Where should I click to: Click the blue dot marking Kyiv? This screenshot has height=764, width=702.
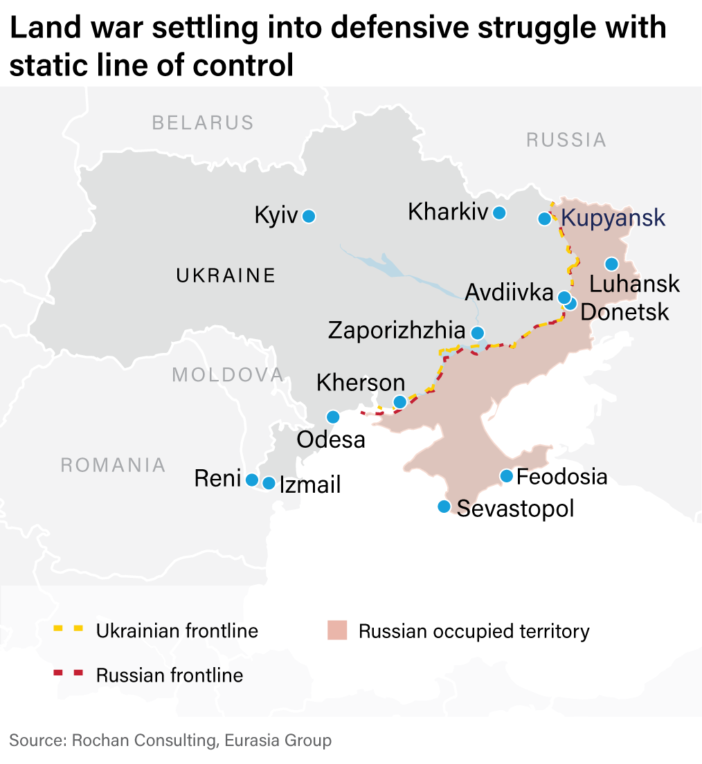click(309, 217)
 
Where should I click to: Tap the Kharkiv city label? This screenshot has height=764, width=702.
click(448, 212)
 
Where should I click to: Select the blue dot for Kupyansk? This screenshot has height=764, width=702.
click(545, 219)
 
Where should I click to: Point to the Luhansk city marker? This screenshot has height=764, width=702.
click(611, 264)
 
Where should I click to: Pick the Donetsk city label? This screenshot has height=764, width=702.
click(624, 312)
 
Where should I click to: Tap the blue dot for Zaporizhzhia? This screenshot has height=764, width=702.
click(477, 333)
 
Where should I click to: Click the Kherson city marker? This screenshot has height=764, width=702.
click(399, 402)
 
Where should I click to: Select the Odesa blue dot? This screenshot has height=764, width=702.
click(333, 417)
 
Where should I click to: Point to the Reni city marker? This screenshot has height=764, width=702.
click(252, 480)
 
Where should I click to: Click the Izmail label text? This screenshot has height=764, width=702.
click(310, 484)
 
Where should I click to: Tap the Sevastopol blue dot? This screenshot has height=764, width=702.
click(444, 507)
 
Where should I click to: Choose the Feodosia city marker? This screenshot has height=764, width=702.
click(506, 476)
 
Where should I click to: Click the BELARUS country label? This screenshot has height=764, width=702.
click(203, 123)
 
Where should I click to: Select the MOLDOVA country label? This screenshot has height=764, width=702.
click(228, 375)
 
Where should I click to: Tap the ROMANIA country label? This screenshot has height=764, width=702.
click(113, 465)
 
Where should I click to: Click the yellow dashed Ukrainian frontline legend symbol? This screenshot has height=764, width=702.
click(69, 630)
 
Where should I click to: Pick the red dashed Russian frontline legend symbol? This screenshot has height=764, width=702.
click(69, 673)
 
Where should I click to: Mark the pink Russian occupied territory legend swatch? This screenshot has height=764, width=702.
click(336, 630)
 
